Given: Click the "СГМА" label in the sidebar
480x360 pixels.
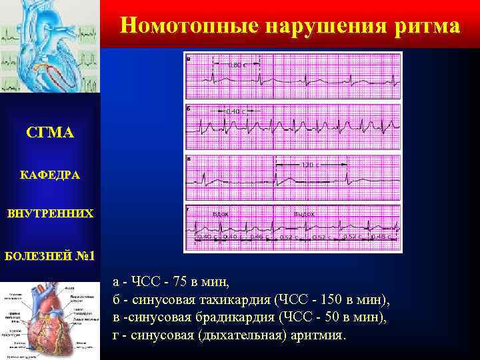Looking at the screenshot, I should pos(50,133).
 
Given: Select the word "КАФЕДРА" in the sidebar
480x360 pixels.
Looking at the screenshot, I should pos(50,175).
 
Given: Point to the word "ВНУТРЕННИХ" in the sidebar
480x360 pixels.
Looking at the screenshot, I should pos(50,215).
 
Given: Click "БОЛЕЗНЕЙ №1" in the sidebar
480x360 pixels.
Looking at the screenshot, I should pos(50,256).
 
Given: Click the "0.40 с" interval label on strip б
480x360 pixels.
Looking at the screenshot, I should pos(235,111).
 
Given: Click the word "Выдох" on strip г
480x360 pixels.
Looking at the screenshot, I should pos(304,214).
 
